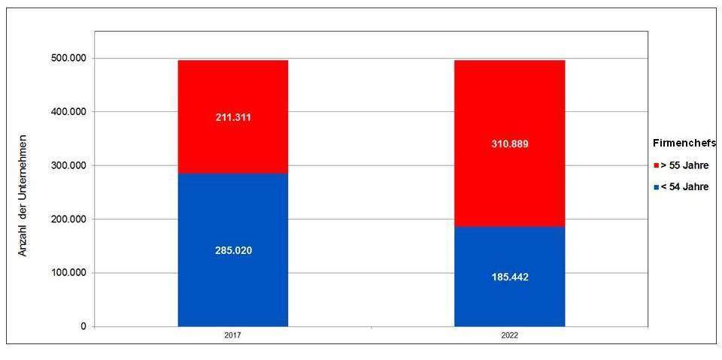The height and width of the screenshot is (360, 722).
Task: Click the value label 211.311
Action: pos(232,117)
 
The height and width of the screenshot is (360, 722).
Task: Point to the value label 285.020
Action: pos(232,250)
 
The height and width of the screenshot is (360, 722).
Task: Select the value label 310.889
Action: pos(509,144)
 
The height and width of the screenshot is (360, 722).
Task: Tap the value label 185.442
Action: pos(509,277)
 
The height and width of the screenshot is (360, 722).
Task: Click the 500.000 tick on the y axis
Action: pos(67,58)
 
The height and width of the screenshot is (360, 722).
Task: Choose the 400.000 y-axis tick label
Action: pos(67,112)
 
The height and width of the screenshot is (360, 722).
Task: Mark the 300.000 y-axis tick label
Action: pos(67,165)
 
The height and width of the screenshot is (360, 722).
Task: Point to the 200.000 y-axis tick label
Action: pos(67,219)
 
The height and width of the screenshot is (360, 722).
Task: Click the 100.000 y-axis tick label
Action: pos(67,273)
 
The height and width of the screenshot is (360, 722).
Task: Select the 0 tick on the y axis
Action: pos(83,327)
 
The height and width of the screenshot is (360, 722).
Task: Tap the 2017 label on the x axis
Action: pos(232,336)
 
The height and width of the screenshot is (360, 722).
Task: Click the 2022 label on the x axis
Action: pos(509,336)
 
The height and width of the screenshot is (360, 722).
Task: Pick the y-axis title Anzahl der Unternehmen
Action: pos(23,195)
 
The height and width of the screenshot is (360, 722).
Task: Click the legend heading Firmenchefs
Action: pos(684,144)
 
